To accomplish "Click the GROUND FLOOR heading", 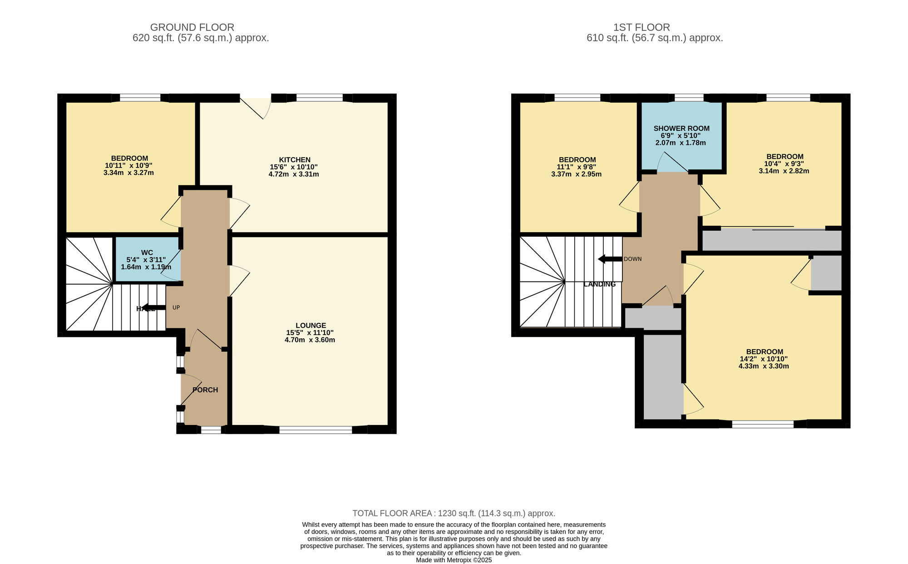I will (192, 27).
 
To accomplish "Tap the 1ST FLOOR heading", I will (642, 27).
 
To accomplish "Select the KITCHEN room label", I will (295, 160).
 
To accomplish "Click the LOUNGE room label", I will (311, 326).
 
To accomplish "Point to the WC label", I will (147, 252).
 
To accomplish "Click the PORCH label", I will (205, 390).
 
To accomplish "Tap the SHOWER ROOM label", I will (681, 129).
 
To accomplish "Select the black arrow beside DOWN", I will (610, 259).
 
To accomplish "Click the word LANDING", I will (599, 284).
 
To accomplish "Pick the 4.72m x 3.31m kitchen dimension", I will (294, 174).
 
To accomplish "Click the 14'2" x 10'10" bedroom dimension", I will (764, 359).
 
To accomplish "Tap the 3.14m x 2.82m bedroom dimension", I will (784, 171).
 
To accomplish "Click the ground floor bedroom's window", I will (140, 98).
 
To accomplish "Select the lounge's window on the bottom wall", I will (316, 430).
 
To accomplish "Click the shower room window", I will (689, 98).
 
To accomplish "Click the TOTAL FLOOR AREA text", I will (454, 513).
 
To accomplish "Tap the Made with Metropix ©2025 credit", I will (454, 560).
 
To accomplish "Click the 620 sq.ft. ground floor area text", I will (201, 38).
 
